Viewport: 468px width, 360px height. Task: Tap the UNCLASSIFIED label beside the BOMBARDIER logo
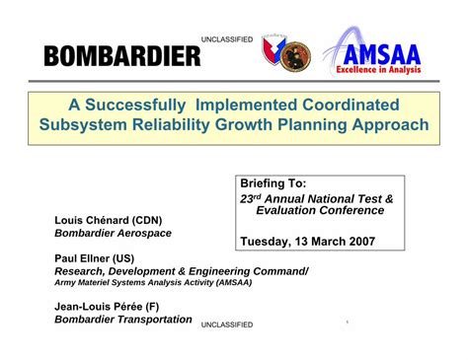pyautogui.click(x=226, y=39)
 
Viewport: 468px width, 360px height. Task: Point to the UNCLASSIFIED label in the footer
pyautogui.click(x=226, y=324)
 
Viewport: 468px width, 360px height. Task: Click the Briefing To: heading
pyautogui.click(x=273, y=183)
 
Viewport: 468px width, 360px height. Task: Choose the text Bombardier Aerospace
pyautogui.click(x=113, y=233)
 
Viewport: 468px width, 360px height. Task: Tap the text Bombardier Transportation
pyautogui.click(x=122, y=319)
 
